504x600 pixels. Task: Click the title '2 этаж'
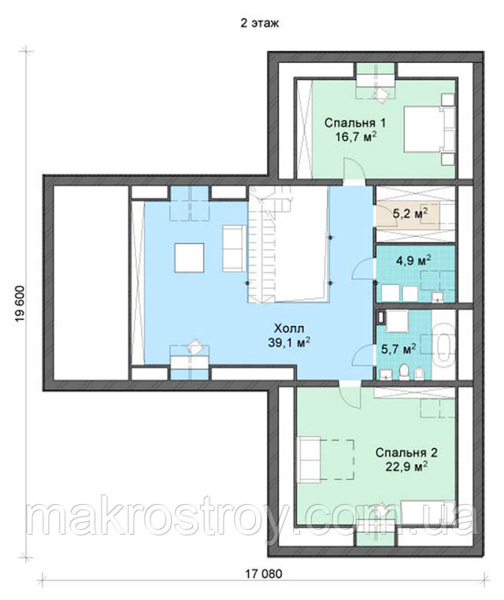(259, 23)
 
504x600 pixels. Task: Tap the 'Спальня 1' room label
(354, 123)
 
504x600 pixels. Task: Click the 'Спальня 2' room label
(406, 453)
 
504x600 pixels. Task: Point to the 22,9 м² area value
(406, 467)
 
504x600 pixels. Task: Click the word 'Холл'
(289, 328)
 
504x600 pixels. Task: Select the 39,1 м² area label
(289, 343)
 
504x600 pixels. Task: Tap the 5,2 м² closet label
(410, 213)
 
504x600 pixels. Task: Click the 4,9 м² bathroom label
(414, 261)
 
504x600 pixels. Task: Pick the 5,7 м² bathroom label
(398, 349)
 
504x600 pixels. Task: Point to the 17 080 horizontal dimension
(263, 574)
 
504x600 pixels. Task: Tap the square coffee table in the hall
(190, 257)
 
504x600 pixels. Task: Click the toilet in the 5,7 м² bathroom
(404, 372)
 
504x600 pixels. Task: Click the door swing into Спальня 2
(350, 396)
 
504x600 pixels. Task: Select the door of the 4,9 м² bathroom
(363, 269)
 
